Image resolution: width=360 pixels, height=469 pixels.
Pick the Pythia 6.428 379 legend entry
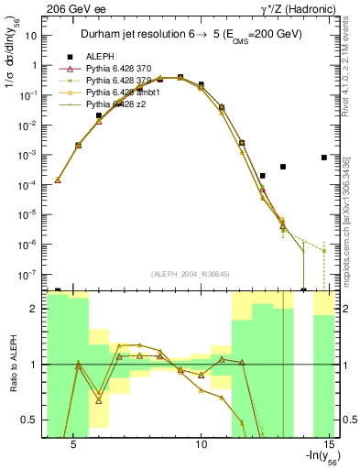120,81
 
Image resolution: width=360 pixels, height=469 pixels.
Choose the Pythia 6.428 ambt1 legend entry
124,93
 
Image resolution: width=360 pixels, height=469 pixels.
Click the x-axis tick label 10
202,443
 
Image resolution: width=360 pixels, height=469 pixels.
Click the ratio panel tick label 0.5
28,420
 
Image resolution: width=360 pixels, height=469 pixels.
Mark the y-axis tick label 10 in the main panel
29,37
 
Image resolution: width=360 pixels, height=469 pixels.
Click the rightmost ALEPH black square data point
324,158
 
